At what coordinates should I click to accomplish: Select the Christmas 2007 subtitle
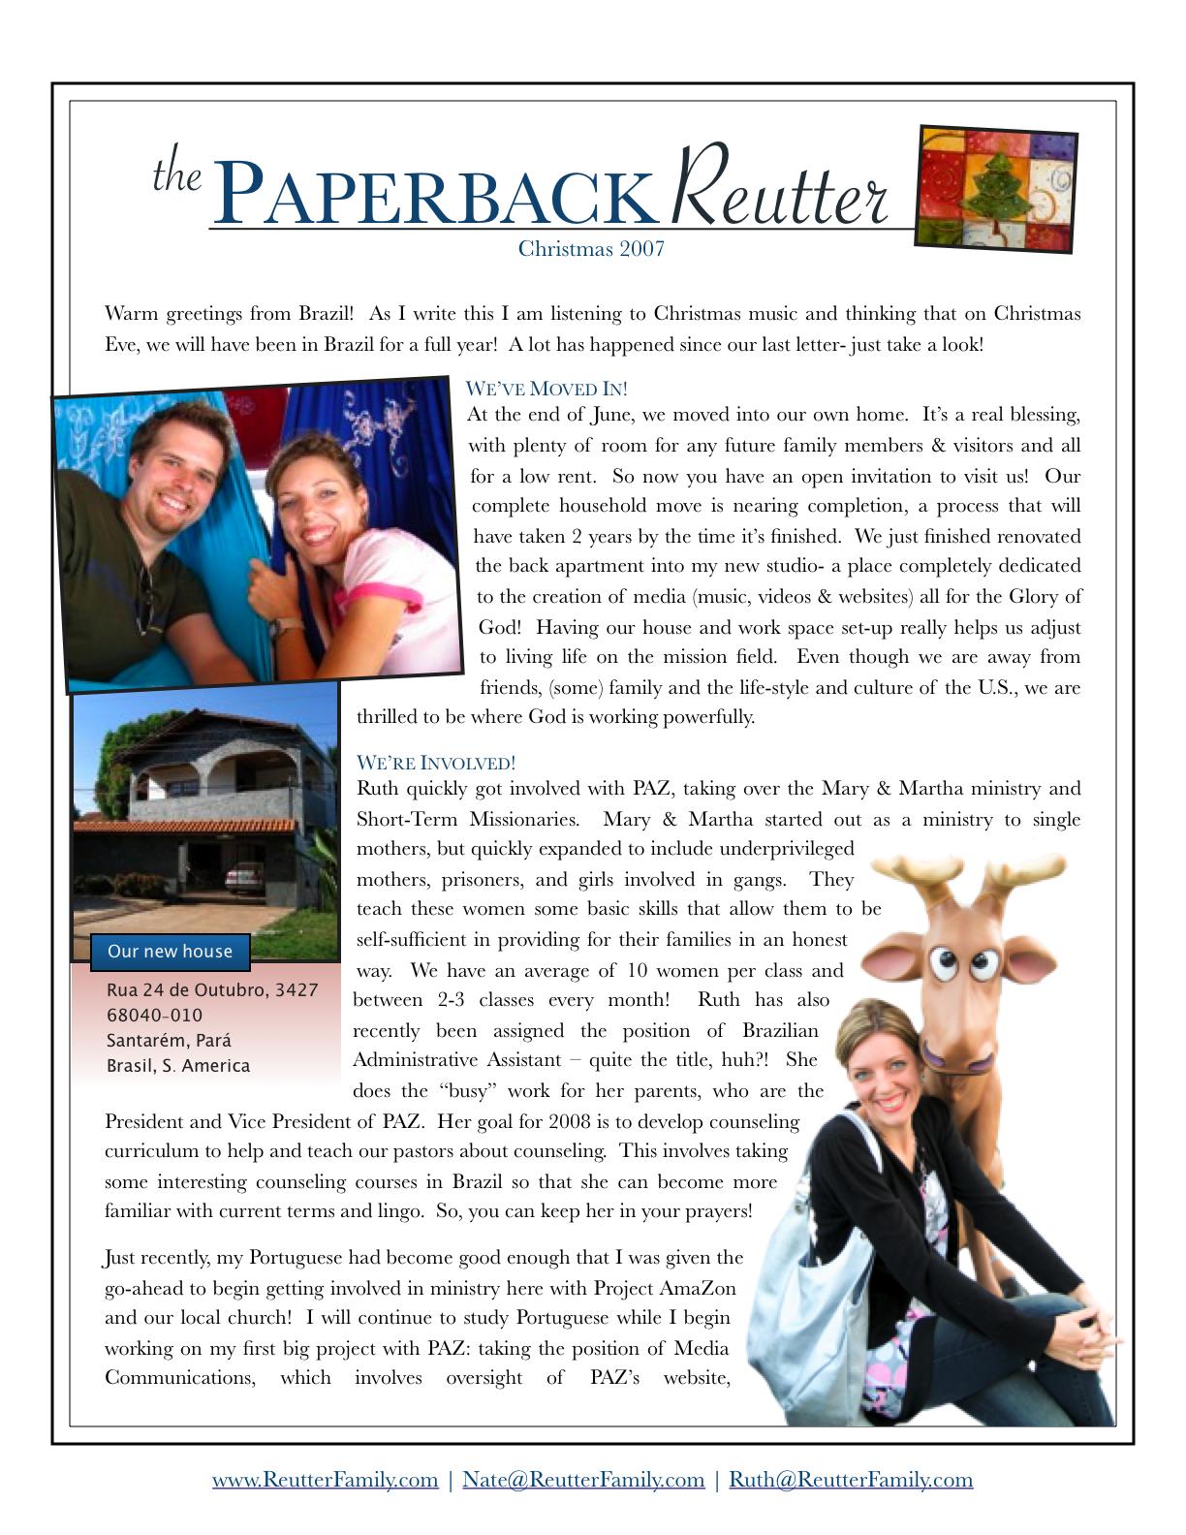591,249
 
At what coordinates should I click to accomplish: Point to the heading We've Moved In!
546,389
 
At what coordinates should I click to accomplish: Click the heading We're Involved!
436,763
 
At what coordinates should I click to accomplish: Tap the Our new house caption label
171,952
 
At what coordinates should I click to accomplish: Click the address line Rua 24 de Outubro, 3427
212,990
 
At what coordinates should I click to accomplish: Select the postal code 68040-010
155,1016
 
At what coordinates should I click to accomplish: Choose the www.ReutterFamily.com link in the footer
326,1480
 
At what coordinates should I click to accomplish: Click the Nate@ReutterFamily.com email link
583,1480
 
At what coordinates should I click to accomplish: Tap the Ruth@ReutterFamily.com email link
851,1480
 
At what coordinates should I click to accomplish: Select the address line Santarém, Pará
170,1041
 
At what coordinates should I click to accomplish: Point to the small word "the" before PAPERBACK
177,174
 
